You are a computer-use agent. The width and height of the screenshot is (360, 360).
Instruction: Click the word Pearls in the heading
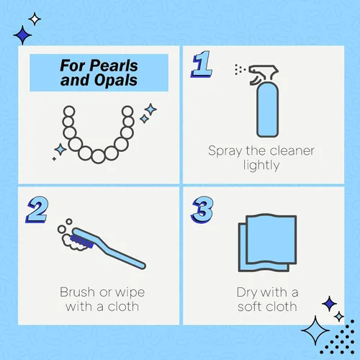pyautogui.click(x=114, y=66)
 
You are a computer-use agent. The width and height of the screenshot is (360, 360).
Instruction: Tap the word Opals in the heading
pyautogui.click(x=116, y=80)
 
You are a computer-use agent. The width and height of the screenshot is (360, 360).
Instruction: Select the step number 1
pyautogui.click(x=202, y=64)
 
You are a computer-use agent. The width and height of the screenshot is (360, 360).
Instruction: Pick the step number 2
pyautogui.click(x=37, y=210)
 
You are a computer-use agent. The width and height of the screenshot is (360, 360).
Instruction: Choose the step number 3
pyautogui.click(x=202, y=210)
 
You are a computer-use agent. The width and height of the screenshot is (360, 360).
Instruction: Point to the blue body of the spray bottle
pyautogui.click(x=267, y=109)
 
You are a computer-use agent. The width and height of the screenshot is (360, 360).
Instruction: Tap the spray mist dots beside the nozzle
pyautogui.click(x=240, y=69)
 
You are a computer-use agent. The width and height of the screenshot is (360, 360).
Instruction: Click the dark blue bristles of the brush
pyautogui.click(x=82, y=242)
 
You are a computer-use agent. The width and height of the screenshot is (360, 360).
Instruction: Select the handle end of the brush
pyautogui.click(x=142, y=265)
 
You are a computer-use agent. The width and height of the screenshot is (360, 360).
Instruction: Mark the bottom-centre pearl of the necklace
pyautogui.click(x=98, y=156)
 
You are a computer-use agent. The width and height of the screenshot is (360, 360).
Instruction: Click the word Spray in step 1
pyautogui.click(x=225, y=151)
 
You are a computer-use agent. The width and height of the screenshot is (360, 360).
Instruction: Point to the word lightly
pyautogui.click(x=261, y=166)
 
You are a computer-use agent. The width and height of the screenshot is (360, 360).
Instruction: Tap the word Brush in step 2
pyautogui.click(x=78, y=292)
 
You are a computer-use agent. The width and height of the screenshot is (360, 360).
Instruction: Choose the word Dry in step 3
pyautogui.click(x=247, y=293)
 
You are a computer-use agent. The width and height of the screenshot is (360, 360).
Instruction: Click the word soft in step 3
pyautogui.click(x=251, y=306)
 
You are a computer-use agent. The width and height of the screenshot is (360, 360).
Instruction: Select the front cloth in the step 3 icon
pyautogui.click(x=271, y=240)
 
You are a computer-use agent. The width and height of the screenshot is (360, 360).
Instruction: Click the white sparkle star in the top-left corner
pyautogui.click(x=35, y=19)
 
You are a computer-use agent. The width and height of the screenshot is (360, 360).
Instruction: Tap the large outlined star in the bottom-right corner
pyautogui.click(x=315, y=330)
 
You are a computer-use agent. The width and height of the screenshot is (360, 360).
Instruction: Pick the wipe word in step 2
pyautogui.click(x=130, y=293)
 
